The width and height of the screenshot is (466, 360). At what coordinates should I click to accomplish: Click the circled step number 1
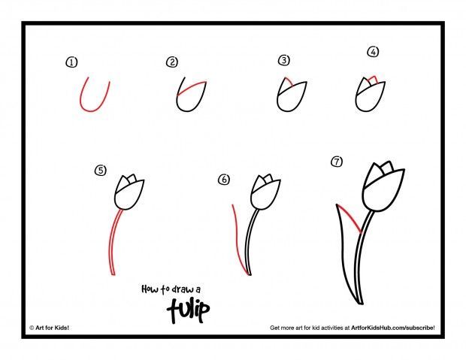pos(72,63)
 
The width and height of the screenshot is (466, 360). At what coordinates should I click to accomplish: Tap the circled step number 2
pos(172,62)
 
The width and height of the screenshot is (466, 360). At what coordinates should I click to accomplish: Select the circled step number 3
pos(283,60)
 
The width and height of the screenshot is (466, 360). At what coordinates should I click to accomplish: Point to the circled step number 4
pos(371,52)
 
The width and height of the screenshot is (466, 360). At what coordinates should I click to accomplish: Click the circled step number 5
pos(100,171)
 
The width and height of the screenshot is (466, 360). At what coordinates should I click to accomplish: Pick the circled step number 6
pos(223,180)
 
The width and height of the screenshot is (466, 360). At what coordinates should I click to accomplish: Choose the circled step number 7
pos(337,161)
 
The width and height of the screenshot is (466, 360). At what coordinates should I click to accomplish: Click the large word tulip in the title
pos(186,307)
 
